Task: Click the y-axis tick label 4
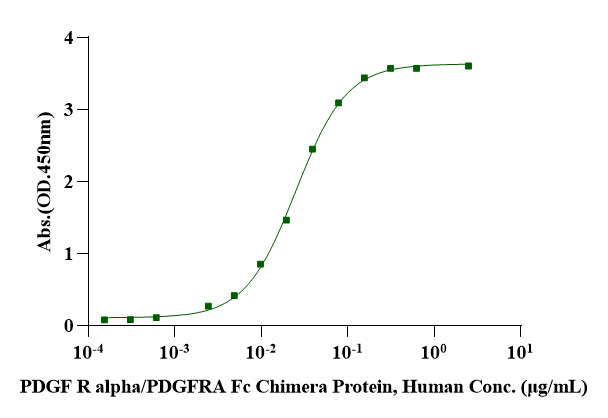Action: point(69,38)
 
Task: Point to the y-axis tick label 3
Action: point(69,110)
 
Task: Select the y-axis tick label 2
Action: point(69,182)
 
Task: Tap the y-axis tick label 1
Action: point(69,254)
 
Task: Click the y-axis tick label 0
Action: point(69,326)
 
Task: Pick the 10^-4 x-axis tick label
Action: point(89,351)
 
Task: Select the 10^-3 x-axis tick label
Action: point(175,351)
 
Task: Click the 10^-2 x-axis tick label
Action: point(261,351)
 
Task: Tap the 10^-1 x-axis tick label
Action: point(347,351)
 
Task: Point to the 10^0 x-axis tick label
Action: point(433,351)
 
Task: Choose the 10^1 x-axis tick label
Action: point(519,351)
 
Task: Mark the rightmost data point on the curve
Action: point(468,66)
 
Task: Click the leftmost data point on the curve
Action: point(105,320)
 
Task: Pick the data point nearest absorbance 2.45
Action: point(313,149)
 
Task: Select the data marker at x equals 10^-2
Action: point(261,264)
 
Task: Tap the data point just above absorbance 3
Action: point(339,103)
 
